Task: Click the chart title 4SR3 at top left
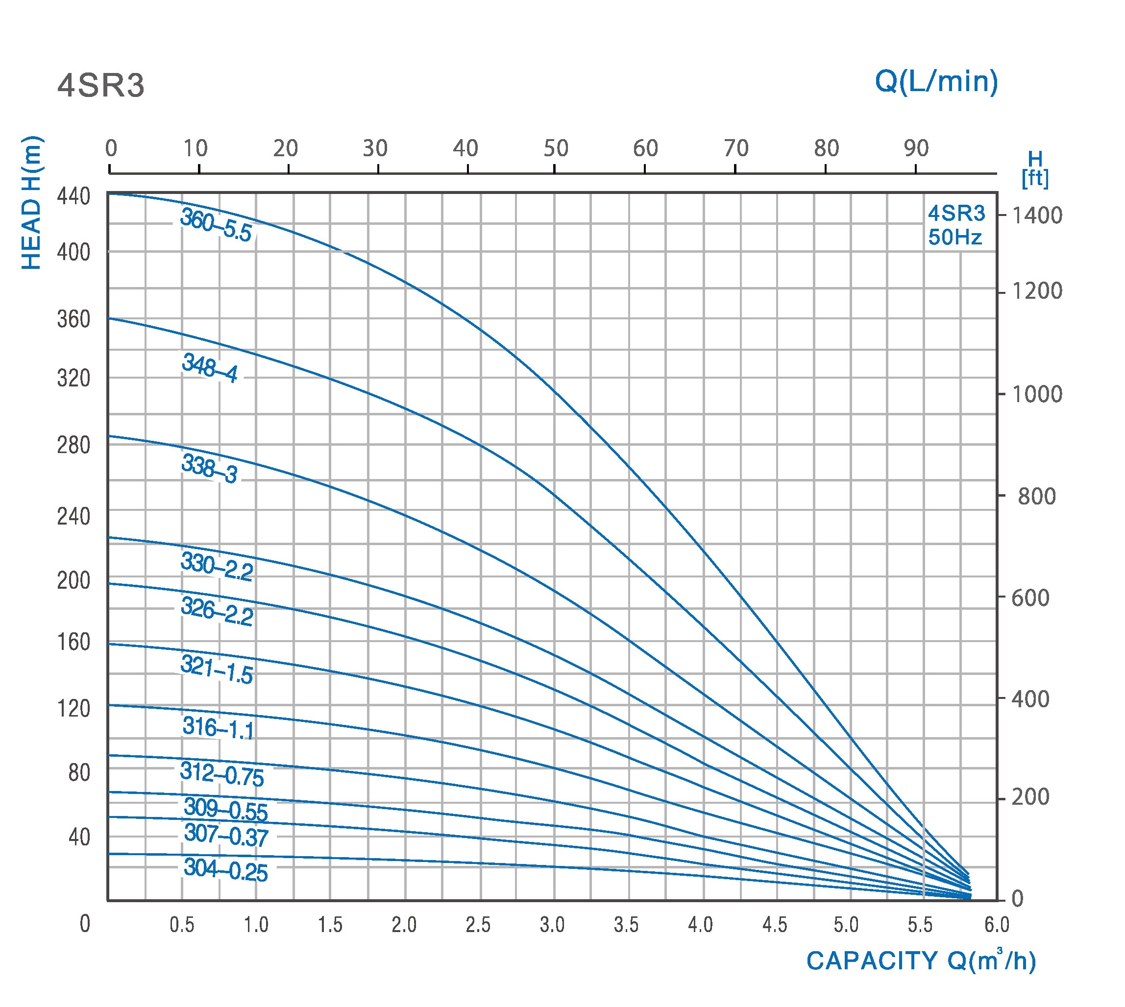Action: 101,86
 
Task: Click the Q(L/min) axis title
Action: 936,81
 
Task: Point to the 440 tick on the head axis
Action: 73,196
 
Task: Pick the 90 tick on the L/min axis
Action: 916,148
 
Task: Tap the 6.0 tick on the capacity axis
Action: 997,925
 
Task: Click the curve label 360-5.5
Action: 216,225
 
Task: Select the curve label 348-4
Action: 210,368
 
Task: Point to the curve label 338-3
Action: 209,469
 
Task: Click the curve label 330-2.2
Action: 217,567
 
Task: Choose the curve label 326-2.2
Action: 217,611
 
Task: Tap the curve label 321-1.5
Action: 217,670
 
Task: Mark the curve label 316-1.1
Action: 218,728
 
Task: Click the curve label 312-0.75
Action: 222,773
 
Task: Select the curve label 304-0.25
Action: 225,869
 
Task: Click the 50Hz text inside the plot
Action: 954,238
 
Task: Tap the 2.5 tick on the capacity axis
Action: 478,925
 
